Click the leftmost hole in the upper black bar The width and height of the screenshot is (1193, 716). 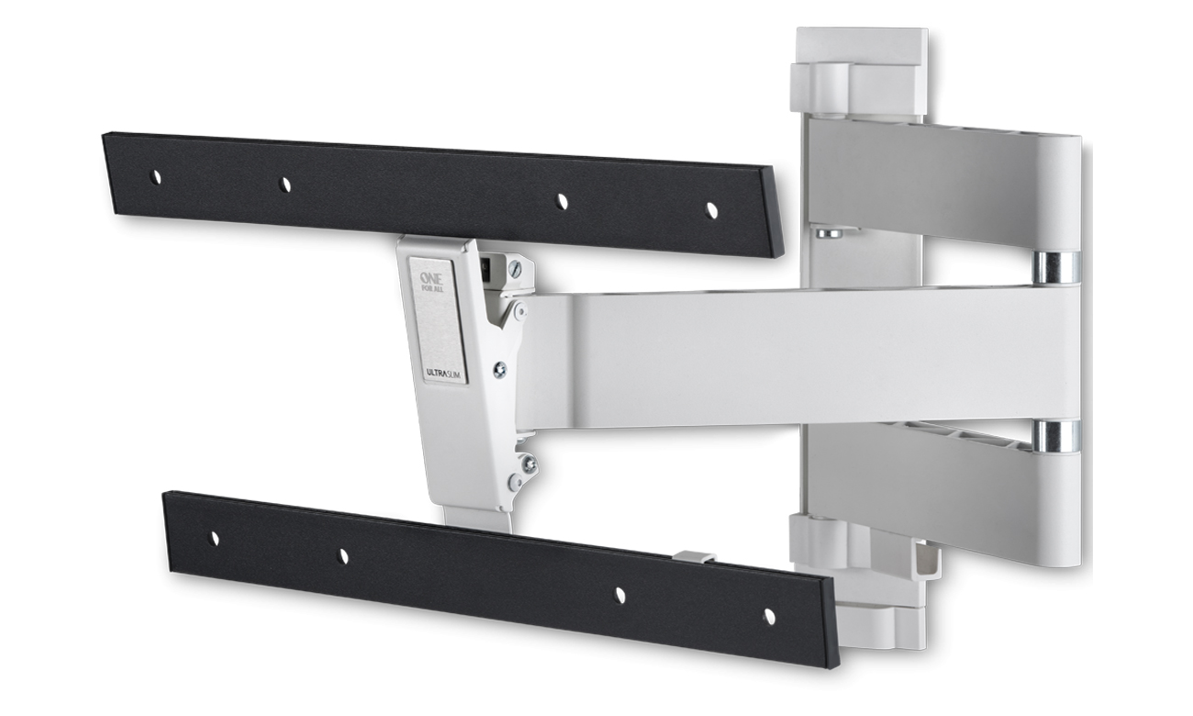click(x=156, y=176)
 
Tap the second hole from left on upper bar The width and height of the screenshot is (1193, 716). click(x=284, y=185)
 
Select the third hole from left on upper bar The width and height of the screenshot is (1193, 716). click(x=562, y=202)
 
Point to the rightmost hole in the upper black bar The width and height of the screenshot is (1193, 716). click(x=711, y=211)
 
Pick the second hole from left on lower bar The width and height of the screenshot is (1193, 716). click(x=344, y=555)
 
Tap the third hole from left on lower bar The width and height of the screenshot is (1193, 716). click(x=619, y=595)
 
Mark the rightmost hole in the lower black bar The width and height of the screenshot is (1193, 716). click(x=769, y=616)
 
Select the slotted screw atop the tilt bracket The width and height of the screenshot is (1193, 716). click(x=516, y=269)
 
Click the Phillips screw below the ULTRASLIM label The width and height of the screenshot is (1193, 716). click(x=499, y=370)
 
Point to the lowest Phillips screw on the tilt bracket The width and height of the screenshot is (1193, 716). click(x=530, y=464)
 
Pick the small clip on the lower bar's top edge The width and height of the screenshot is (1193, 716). click(x=694, y=558)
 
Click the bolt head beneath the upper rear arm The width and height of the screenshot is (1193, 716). click(x=829, y=232)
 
